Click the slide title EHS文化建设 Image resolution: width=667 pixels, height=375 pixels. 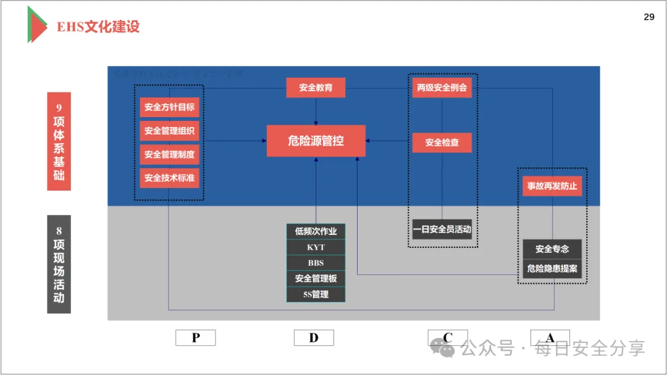pyautogui.click(x=98, y=27)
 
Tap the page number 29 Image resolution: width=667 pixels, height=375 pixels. pyautogui.click(x=648, y=17)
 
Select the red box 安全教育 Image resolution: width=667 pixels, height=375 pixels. pyautogui.click(x=316, y=88)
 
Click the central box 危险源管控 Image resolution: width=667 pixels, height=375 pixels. pyautogui.click(x=316, y=141)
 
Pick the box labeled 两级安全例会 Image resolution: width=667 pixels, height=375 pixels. pyautogui.click(x=442, y=88)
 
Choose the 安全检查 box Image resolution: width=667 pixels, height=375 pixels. pyautogui.click(x=442, y=143)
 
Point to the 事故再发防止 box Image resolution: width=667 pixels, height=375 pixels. pyautogui.click(x=552, y=186)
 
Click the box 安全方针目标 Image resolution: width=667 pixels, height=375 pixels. pyautogui.click(x=169, y=107)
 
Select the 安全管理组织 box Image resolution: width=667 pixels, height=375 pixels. pyautogui.click(x=169, y=131)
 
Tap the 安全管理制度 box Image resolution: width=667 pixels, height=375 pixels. pyautogui.click(x=169, y=154)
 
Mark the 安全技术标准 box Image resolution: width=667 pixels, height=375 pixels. pyautogui.click(x=169, y=178)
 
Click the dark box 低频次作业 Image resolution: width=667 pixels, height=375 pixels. pyautogui.click(x=316, y=231)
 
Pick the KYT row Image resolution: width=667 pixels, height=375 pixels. pyautogui.click(x=316, y=247)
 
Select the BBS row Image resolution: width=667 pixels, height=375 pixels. pyautogui.click(x=316, y=263)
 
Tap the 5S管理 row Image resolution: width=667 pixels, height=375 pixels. pyautogui.click(x=316, y=295)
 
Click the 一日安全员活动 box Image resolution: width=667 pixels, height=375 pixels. pyautogui.click(x=442, y=229)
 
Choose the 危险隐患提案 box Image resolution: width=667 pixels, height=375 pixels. pyautogui.click(x=552, y=269)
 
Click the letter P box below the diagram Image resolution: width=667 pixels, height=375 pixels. pyautogui.click(x=195, y=337)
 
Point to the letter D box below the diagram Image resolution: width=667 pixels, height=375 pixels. pyautogui.click(x=314, y=337)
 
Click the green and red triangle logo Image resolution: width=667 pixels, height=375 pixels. pyautogui.click(x=36, y=25)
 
